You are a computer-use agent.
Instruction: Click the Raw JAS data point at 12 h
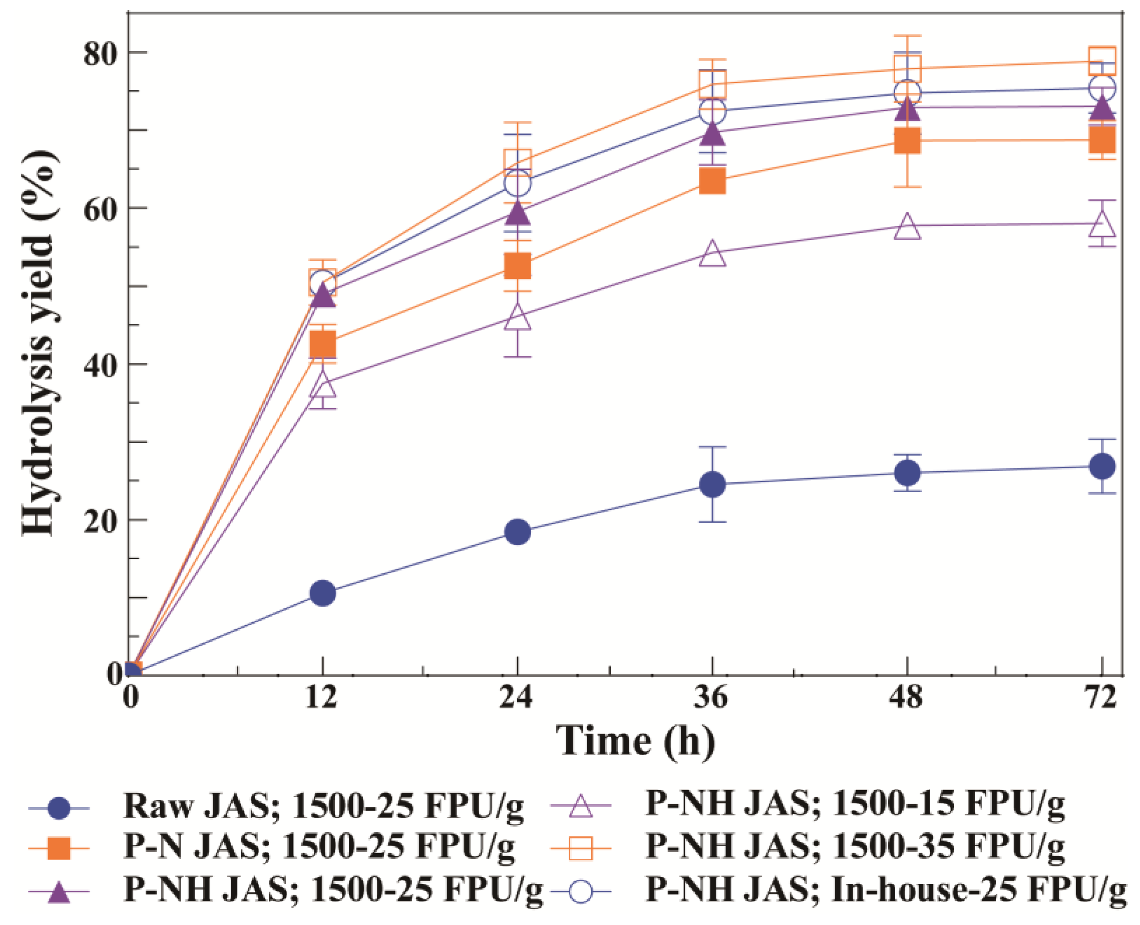coord(322,593)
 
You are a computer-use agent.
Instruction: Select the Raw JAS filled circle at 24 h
coord(517,531)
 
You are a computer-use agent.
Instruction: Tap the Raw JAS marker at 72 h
coord(1102,466)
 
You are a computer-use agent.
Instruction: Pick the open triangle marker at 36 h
coord(712,254)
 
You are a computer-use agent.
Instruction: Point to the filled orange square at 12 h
coord(322,344)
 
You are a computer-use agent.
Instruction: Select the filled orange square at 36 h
coord(712,181)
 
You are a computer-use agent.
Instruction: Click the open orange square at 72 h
coord(1102,60)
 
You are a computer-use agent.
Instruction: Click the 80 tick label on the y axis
coord(100,54)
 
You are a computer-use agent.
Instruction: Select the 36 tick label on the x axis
coord(711,696)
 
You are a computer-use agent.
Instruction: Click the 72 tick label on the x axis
coord(1100,696)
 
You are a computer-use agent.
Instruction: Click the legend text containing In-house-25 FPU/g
coord(886,889)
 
